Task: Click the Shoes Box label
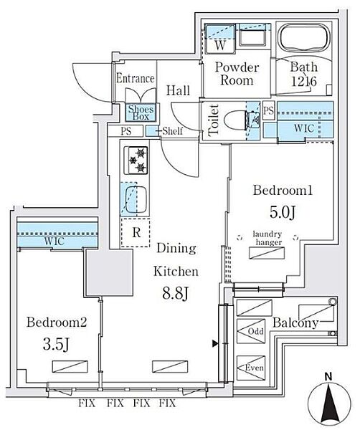tap(141, 113)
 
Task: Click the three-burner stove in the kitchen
tap(136, 161)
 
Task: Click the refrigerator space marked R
tap(136, 233)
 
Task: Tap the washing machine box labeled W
tap(220, 39)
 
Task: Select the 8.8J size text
tap(176, 294)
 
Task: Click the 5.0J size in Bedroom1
tap(283, 212)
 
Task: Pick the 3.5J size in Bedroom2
tap(56, 344)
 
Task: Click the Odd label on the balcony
tap(255, 331)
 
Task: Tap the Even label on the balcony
tap(255, 368)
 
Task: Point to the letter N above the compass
tap(328, 377)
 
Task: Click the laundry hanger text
tap(267, 238)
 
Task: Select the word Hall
tap(178, 90)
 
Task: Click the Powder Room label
tap(237, 74)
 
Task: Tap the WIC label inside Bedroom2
tap(54, 242)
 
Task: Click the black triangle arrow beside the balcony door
tap(215, 343)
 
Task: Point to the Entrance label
tap(136, 78)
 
